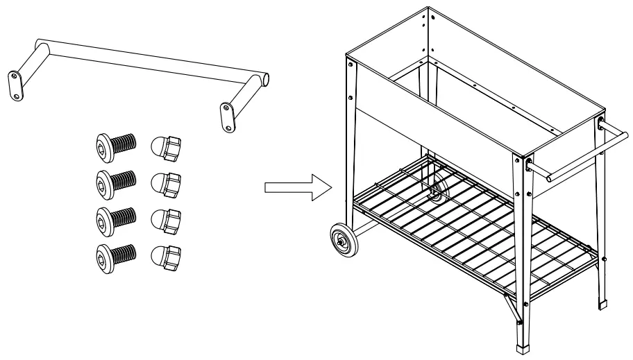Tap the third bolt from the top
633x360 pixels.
coord(114,218)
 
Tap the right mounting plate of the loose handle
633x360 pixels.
coord(228,117)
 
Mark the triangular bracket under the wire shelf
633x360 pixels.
coord(512,305)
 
